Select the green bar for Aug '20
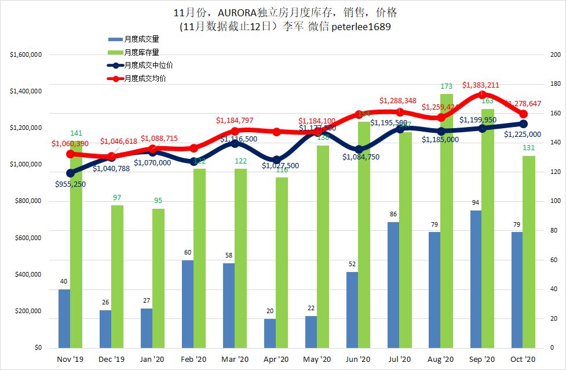[446, 220]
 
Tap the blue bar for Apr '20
[270, 333]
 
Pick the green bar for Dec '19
[117, 276]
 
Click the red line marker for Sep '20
[482, 95]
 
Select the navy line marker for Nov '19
[70, 173]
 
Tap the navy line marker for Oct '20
[523, 124]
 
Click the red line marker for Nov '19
[70, 154]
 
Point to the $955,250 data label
[74, 184]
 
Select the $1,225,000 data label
[523, 135]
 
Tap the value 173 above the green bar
[446, 86]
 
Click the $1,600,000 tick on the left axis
[25, 55]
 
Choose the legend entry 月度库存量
[141, 52]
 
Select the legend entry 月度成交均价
[145, 78]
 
